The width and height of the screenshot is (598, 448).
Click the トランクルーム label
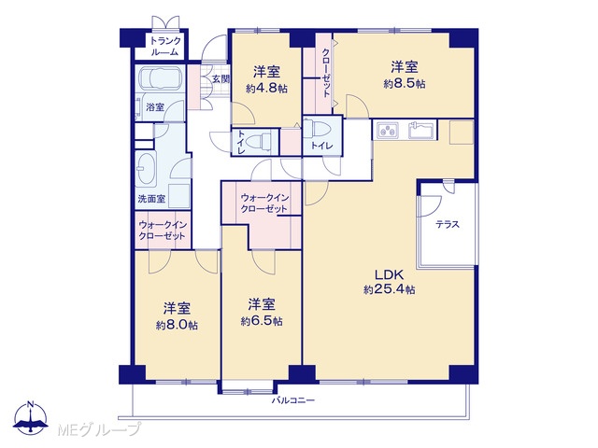(x=165, y=46)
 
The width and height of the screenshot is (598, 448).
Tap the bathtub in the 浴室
(x=160, y=78)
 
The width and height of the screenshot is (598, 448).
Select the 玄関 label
(x=221, y=79)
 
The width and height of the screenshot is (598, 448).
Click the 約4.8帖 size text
(x=266, y=90)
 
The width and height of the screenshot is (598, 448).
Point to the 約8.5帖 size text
(x=405, y=84)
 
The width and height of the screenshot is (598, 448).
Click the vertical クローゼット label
(x=326, y=73)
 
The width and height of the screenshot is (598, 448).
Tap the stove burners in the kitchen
(x=387, y=131)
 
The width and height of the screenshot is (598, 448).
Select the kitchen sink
(x=421, y=130)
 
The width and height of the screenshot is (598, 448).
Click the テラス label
(x=448, y=224)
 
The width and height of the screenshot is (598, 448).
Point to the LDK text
(x=390, y=274)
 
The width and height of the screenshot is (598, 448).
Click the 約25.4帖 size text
(x=390, y=290)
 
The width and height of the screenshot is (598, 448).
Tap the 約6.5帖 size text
(x=262, y=321)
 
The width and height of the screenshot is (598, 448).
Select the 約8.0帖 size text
(x=177, y=326)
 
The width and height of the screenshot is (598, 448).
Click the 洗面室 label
(x=151, y=199)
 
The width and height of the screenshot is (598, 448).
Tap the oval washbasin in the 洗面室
(x=147, y=170)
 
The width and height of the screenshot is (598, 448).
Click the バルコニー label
(x=293, y=400)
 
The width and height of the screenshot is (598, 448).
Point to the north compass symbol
(x=30, y=417)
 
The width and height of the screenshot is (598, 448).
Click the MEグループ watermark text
(x=99, y=429)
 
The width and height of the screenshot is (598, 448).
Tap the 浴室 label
(x=155, y=107)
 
